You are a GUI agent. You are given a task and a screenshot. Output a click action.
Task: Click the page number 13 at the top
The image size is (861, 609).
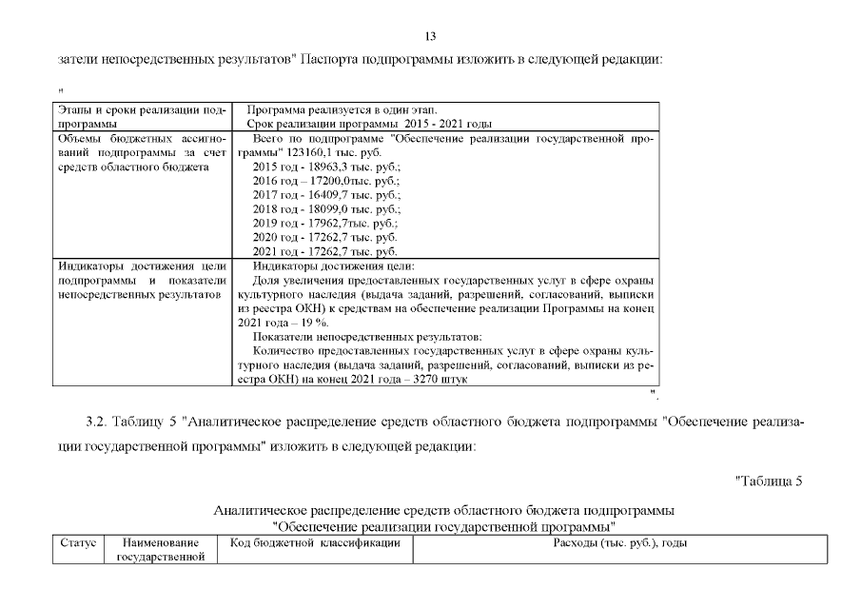[x=430, y=36]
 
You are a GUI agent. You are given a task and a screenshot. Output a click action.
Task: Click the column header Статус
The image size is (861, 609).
[x=78, y=543]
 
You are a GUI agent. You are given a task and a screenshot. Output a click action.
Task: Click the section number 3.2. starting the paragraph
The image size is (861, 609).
[x=96, y=421]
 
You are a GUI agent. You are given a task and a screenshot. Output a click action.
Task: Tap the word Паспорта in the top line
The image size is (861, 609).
[x=333, y=59]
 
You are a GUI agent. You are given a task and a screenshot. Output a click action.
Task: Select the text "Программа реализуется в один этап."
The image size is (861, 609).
[x=342, y=110]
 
